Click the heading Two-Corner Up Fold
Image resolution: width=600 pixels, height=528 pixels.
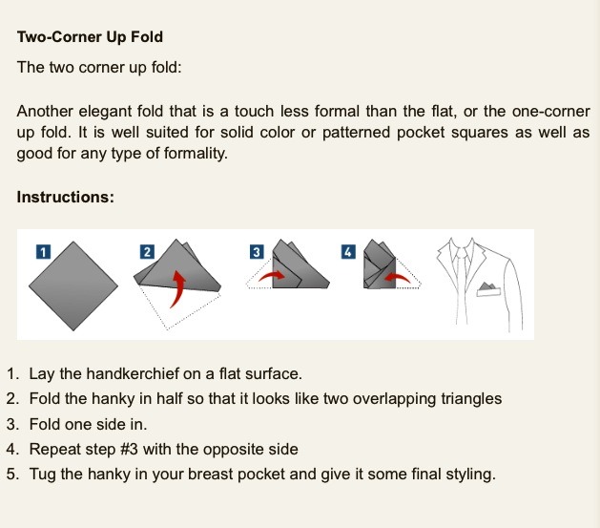click(x=90, y=37)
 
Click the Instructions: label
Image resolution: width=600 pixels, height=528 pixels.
click(x=66, y=198)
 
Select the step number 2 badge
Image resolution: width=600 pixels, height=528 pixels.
click(x=147, y=251)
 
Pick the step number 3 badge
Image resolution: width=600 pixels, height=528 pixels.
click(x=256, y=251)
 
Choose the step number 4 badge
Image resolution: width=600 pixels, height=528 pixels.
click(x=347, y=251)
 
